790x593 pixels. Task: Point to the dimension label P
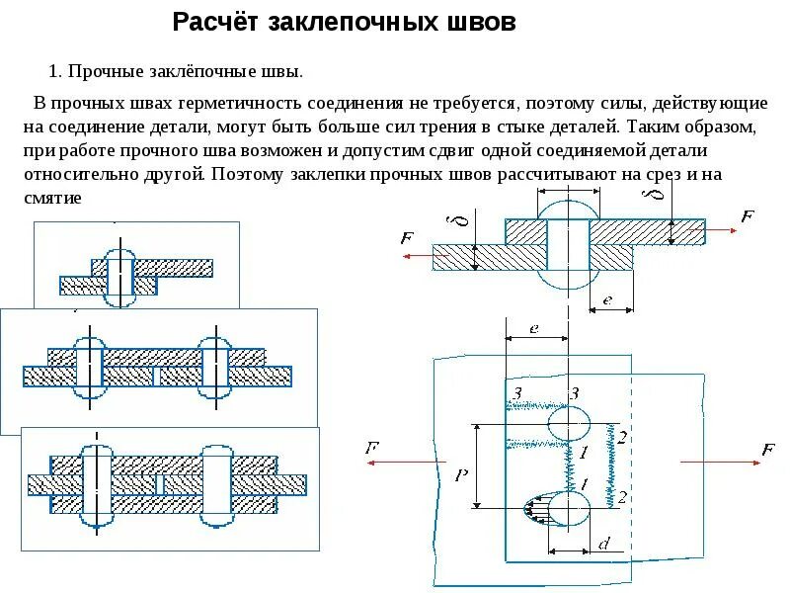pyautogui.click(x=460, y=475)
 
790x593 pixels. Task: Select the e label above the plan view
pyautogui.click(x=533, y=329)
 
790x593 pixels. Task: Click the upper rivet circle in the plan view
pyautogui.click(x=569, y=425)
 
